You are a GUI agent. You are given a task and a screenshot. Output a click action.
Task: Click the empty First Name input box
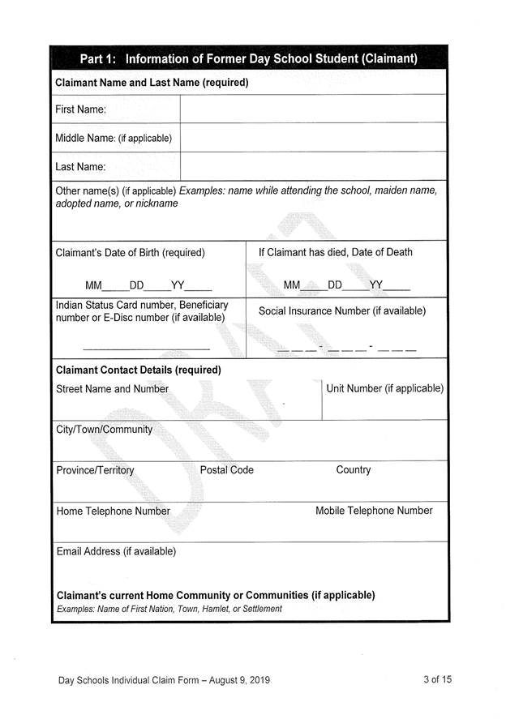coord(313,109)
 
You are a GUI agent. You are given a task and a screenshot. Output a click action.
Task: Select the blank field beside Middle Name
coord(313,138)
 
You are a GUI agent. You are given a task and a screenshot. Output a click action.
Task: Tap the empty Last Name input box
coord(313,166)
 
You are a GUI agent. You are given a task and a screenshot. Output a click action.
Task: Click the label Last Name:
coord(80,167)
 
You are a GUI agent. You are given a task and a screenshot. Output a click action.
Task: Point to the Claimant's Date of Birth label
coord(130,252)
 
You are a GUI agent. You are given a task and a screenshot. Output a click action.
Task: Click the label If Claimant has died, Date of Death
coord(335,252)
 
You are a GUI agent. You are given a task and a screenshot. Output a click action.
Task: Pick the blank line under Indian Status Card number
coord(146,348)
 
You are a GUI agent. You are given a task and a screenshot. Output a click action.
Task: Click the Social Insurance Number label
coord(341,310)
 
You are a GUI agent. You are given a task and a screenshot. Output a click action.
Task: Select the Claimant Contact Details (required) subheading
coord(139,370)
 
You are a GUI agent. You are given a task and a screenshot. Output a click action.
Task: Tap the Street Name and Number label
coord(112,389)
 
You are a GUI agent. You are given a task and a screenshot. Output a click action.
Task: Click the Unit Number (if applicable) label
coord(384,388)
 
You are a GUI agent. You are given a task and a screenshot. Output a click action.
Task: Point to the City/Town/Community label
coord(104,430)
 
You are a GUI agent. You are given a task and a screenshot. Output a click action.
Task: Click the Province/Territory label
coord(95,470)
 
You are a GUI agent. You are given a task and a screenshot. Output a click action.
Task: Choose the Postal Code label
coord(226,470)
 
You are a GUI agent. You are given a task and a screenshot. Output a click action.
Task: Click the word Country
coord(354,470)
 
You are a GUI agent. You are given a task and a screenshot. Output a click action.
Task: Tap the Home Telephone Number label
coord(113,511)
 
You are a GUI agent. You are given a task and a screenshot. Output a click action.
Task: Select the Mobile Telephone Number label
coord(374,511)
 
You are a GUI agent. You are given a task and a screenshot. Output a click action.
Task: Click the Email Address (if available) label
coord(115,552)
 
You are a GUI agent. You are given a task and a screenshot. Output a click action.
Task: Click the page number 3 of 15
coord(437,679)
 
